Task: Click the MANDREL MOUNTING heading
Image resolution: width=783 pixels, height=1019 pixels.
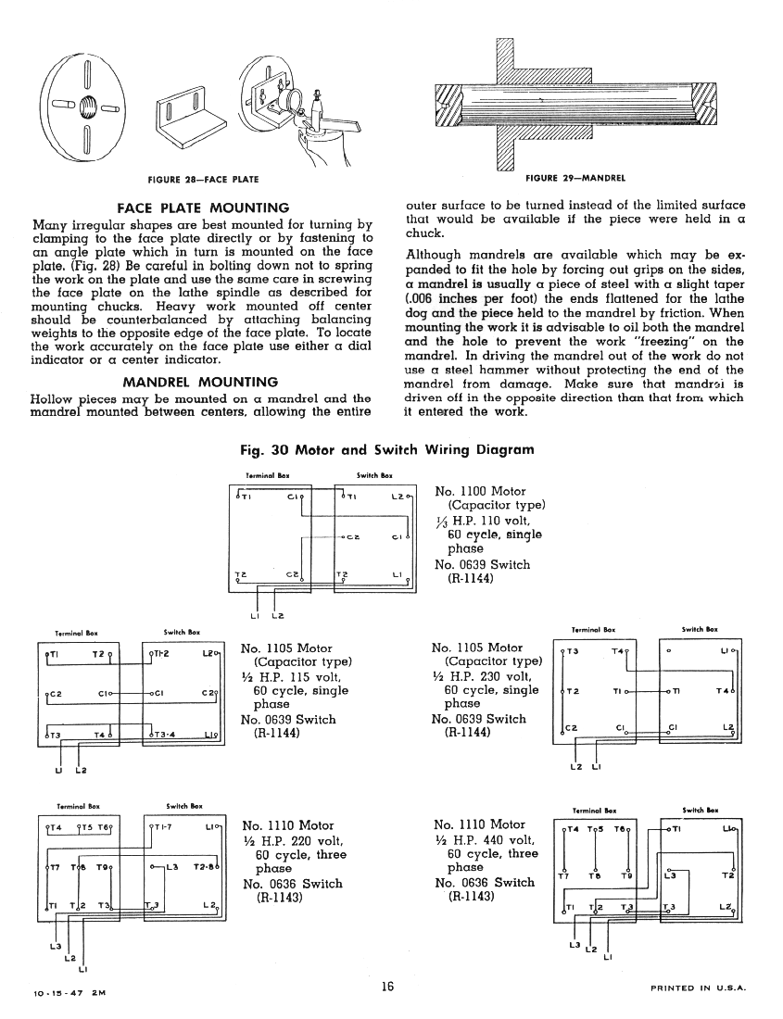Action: pos(200,381)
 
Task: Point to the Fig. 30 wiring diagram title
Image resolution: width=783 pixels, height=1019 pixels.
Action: pos(386,450)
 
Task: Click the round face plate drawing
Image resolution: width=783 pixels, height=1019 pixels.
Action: pos(86,104)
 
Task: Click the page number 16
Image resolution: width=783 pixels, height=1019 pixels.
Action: pos(386,988)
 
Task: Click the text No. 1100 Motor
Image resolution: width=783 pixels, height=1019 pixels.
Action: pos(480,491)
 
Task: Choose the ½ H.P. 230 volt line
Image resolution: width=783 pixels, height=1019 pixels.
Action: pos(485,676)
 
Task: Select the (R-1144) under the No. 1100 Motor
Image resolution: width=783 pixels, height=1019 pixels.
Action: pos(476,580)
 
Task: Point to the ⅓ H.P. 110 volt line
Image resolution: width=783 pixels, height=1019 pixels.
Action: pos(481,521)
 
